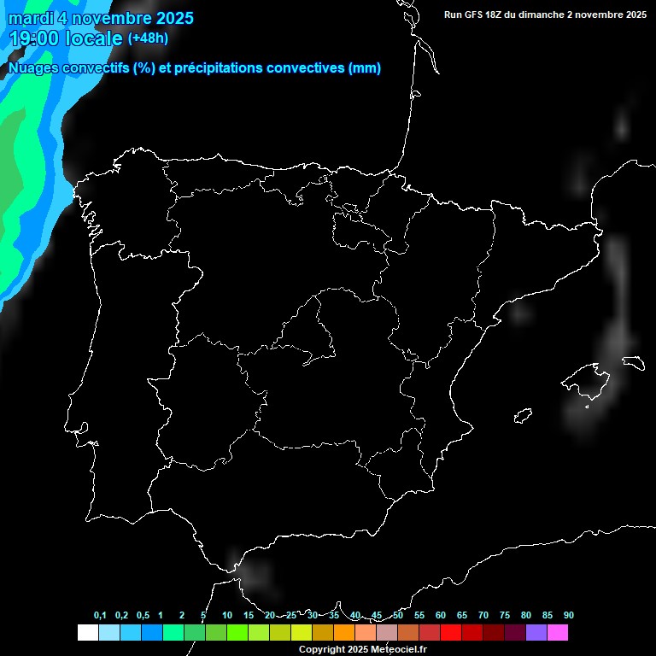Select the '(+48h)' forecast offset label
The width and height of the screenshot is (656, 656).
click(x=148, y=38)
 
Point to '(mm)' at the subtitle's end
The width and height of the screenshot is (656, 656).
click(x=365, y=68)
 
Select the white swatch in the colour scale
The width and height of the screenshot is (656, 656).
click(x=87, y=633)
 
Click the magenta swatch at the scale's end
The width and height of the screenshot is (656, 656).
click(x=558, y=633)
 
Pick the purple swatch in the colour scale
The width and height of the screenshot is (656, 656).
click(x=536, y=633)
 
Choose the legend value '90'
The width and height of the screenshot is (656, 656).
click(x=568, y=616)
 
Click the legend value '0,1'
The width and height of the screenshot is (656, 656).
click(x=100, y=616)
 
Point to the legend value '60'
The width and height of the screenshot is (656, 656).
click(x=440, y=616)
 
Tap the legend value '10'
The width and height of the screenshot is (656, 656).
click(x=226, y=616)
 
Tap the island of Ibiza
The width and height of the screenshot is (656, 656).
click(x=523, y=416)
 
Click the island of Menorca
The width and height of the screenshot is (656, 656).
click(x=633, y=361)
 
